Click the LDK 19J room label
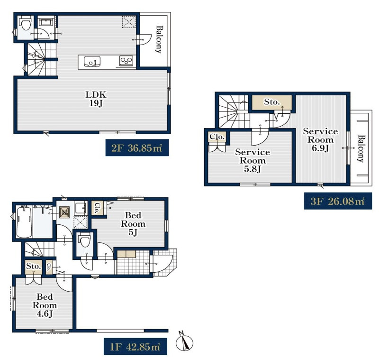[x=96, y=99]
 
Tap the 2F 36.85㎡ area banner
[x=137, y=148]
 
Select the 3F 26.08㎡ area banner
[x=338, y=201]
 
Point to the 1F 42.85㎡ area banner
[x=135, y=347]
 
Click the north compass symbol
[x=185, y=342]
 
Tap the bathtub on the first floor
[x=24, y=222]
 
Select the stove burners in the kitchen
[x=126, y=61]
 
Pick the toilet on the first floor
[x=85, y=239]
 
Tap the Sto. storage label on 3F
[x=271, y=102]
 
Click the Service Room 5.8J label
[x=253, y=160]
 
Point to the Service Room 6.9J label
[x=320, y=139]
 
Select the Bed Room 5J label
[x=133, y=224]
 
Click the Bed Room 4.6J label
[x=45, y=305]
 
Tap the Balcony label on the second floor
[x=159, y=39]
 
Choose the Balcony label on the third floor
[x=361, y=148]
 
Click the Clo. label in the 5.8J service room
[x=217, y=137]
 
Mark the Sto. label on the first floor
[x=33, y=266]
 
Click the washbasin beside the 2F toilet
[x=46, y=22]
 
